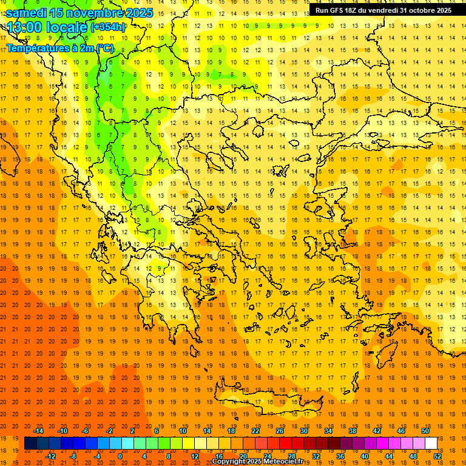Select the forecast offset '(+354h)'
tap(108, 27)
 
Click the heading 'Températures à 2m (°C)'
tap(59, 48)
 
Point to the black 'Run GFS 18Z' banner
tap(383, 10)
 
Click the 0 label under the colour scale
tap(120, 456)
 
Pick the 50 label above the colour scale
tap(425, 431)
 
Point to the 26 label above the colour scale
tap(280, 431)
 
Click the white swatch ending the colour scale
tap(431, 444)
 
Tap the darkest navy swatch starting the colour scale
tap(31, 444)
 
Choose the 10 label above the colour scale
tap(183, 431)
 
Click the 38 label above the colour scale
tap(353, 431)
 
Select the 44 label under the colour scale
tap(389, 456)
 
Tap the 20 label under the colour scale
tap(243, 456)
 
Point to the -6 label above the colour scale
tap(86, 431)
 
